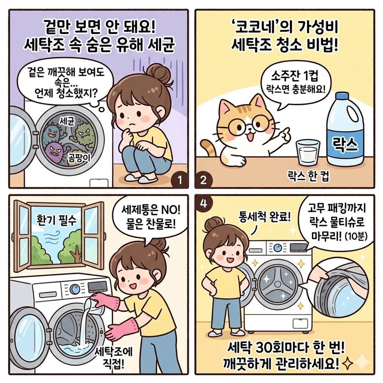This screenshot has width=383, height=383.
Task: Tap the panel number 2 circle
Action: pos(203,181)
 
